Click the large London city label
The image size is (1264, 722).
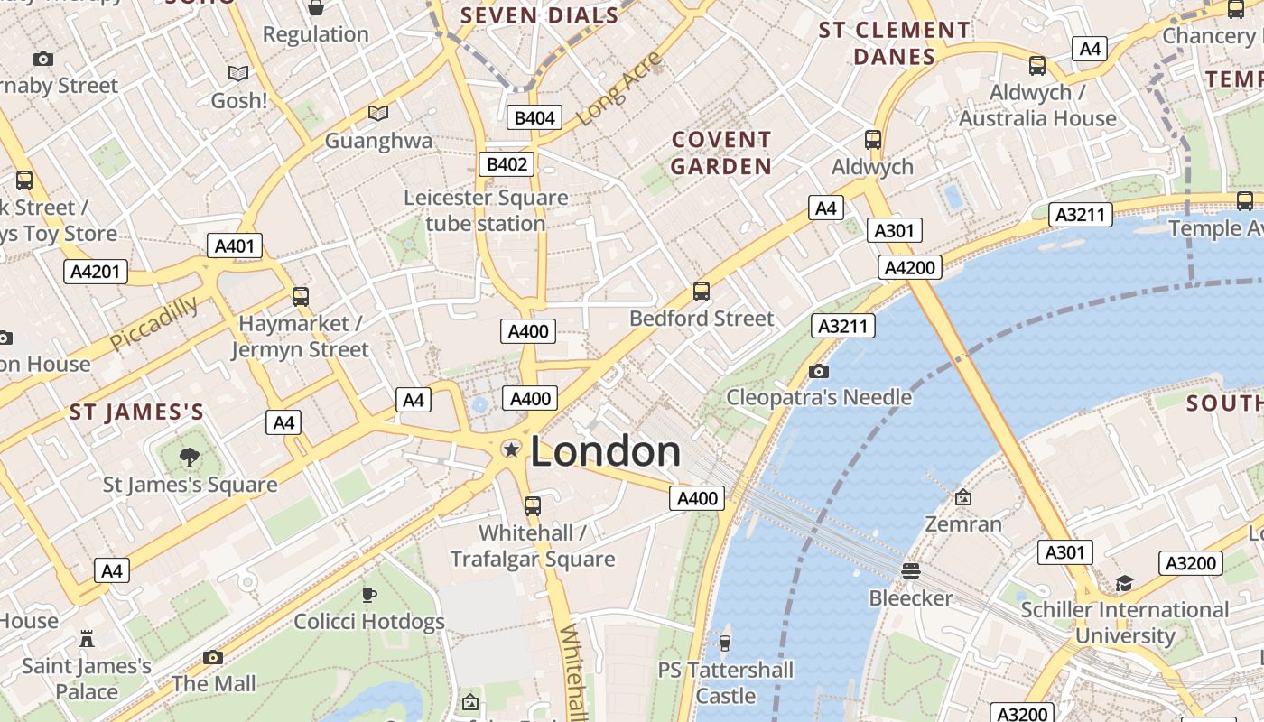tap(605, 451)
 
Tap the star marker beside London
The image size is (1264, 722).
tap(511, 449)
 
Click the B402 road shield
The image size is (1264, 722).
tap(506, 164)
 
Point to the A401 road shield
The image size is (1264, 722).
tap(235, 245)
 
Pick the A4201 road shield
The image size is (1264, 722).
tap(95, 272)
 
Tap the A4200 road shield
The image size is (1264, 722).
tap(910, 267)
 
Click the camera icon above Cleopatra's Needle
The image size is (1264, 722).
tap(819, 371)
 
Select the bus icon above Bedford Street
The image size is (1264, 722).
tap(702, 292)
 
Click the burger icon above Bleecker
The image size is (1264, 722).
tap(911, 570)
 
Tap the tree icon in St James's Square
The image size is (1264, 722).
tap(190, 458)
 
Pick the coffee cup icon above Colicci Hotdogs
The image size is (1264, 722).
tap(368, 594)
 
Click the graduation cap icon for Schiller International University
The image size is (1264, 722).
tap(1124, 583)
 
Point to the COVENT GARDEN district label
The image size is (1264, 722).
tap(721, 153)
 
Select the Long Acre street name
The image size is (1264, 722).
tap(618, 88)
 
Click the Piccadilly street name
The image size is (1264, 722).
tap(153, 323)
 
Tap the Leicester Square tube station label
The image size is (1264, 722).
tap(486, 210)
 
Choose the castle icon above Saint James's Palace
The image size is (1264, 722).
tap(87, 639)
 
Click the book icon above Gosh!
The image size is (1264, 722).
tap(238, 73)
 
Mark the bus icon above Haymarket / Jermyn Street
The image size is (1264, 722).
tap(300, 296)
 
